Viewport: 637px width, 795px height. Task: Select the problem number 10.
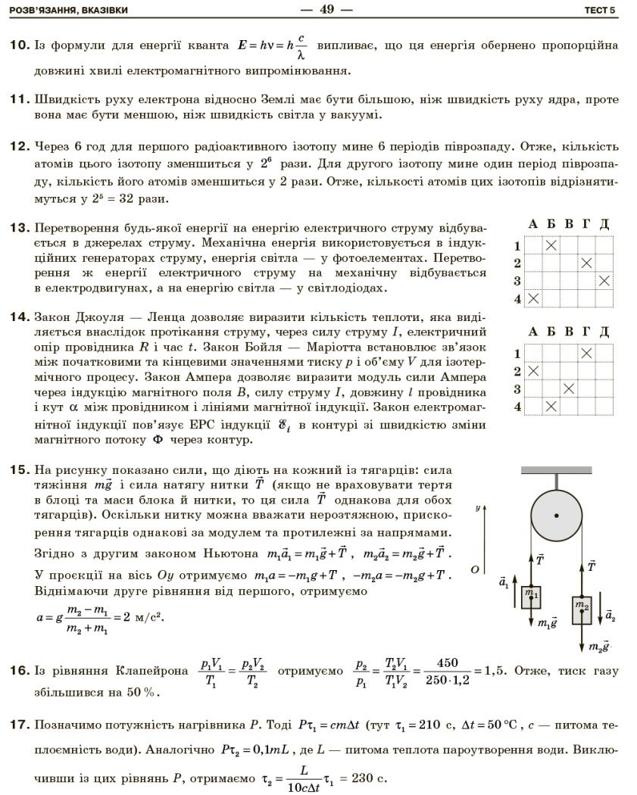(20, 45)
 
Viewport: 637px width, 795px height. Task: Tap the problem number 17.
(20, 725)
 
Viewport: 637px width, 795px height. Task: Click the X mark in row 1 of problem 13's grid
(551, 245)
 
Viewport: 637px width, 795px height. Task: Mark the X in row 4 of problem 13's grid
(534, 298)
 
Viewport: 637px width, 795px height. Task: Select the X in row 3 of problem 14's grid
(569, 388)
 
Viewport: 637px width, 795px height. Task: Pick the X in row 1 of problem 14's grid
(586, 353)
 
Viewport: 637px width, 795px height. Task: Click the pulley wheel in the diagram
(557, 516)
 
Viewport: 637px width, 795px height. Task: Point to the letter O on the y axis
(474, 568)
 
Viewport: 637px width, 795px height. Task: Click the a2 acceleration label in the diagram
(610, 616)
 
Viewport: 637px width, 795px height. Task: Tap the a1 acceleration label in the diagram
(504, 584)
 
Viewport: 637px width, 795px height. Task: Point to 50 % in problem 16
(144, 692)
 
